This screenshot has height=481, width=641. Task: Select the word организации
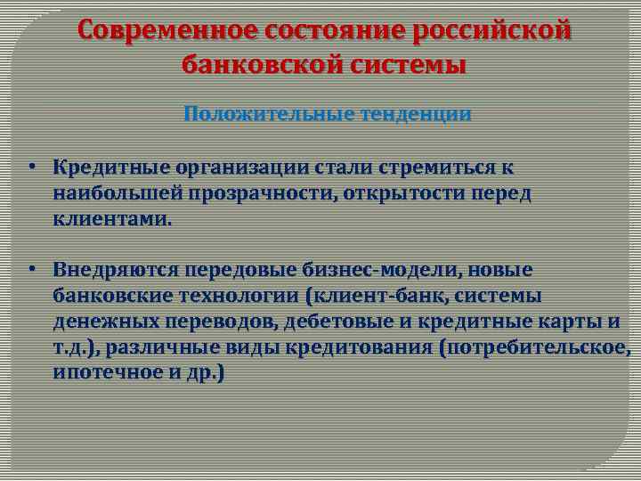pyautogui.click(x=235, y=167)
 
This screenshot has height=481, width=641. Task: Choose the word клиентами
pyautogui.click(x=110, y=218)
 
